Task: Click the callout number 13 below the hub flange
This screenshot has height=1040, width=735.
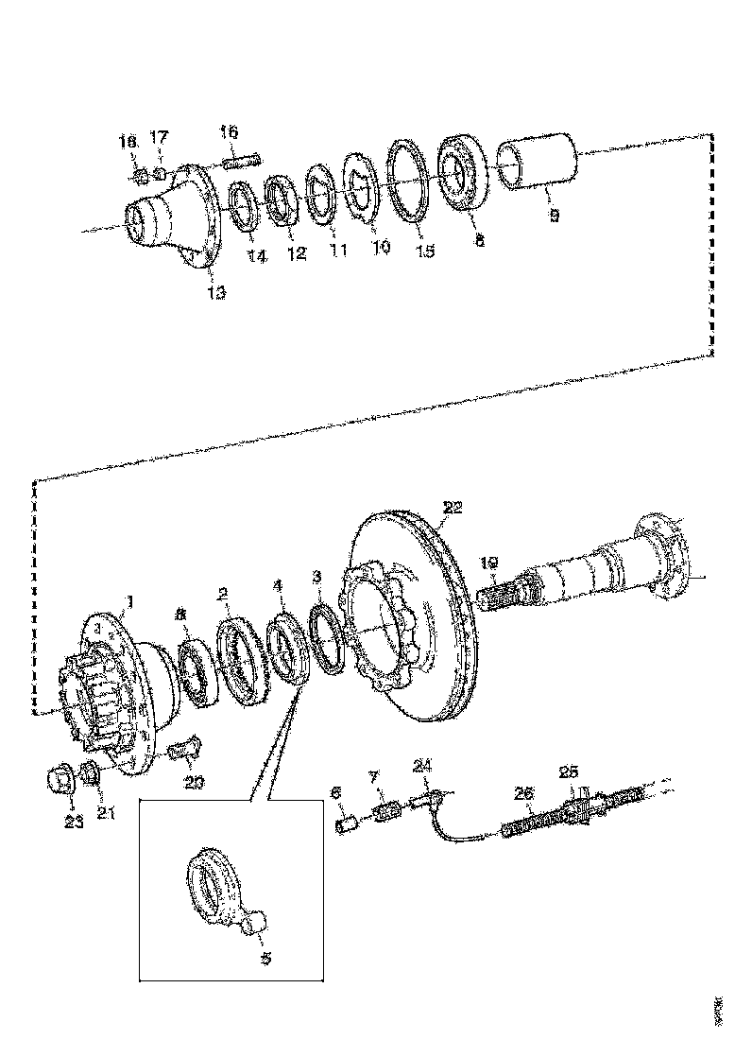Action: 216,293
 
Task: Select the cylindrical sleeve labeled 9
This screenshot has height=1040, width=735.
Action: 537,165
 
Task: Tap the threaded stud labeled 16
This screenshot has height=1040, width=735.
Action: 241,162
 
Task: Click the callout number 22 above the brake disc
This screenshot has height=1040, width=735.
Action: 453,508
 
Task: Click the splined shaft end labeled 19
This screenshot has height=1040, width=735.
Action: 505,601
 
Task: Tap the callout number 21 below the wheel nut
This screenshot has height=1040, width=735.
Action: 106,811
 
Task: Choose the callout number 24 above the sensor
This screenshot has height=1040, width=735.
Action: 423,766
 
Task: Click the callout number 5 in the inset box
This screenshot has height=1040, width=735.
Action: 265,958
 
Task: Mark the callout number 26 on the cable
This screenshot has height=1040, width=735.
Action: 522,793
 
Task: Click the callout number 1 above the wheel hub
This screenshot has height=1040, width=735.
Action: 130,600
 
